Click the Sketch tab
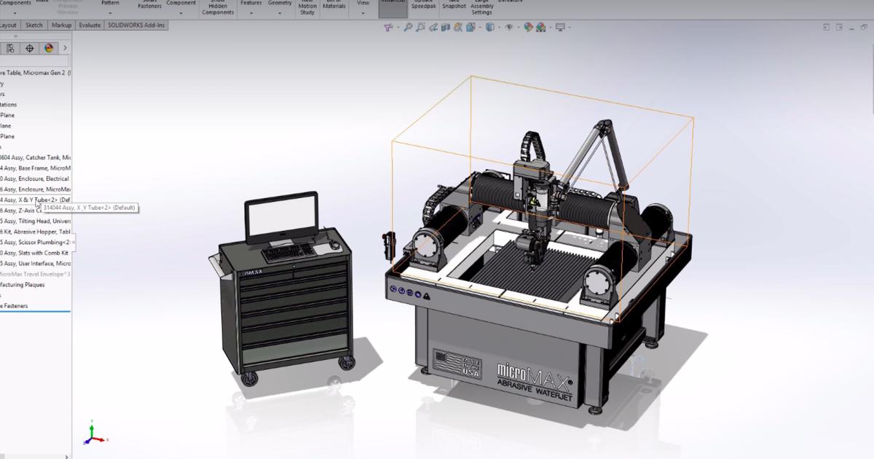click(x=34, y=25)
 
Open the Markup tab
click(x=62, y=25)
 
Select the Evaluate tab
click(x=89, y=25)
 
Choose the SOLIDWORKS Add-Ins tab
click(x=135, y=25)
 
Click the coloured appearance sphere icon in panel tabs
click(x=49, y=48)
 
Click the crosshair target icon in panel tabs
click(x=30, y=48)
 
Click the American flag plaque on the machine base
click(x=449, y=362)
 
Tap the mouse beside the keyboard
click(x=334, y=246)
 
